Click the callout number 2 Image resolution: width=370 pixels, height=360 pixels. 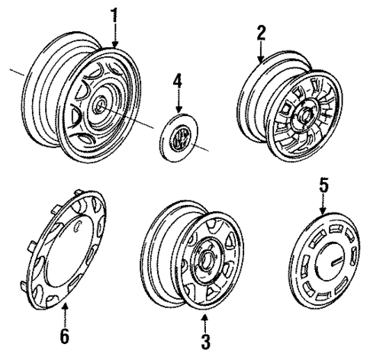coord(261,32)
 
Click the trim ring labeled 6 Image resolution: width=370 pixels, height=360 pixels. coord(66,252)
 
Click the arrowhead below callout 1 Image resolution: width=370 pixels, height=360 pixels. coord(116,46)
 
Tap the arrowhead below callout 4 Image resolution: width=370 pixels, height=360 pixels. coord(179,110)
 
